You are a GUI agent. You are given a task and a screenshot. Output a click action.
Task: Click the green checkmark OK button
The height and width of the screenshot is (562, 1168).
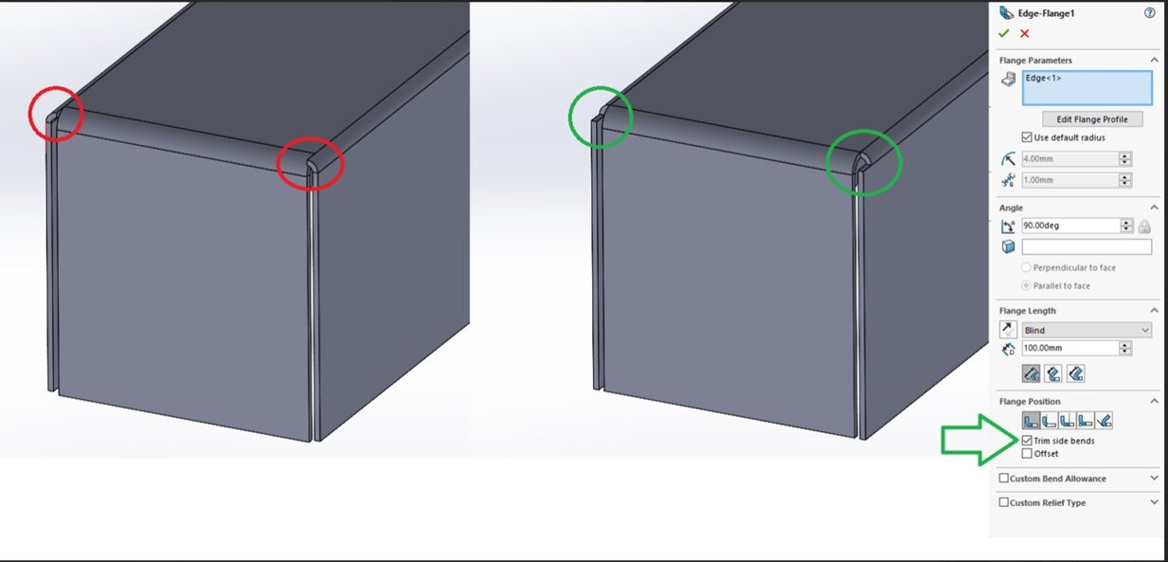click(x=1003, y=33)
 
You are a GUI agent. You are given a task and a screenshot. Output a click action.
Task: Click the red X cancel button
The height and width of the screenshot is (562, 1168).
click(x=1025, y=33)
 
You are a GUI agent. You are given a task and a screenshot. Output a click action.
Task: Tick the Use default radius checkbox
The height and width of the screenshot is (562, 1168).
click(x=1027, y=137)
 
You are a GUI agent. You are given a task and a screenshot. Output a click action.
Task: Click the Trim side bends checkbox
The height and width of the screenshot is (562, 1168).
click(x=1027, y=441)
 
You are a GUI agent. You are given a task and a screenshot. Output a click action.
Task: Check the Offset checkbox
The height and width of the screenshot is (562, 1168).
click(x=1027, y=453)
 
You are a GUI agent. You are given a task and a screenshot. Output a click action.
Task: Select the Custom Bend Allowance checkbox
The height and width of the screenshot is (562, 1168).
click(x=1004, y=478)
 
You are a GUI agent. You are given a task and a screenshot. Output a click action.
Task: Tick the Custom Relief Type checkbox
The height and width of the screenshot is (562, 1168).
click(x=1004, y=502)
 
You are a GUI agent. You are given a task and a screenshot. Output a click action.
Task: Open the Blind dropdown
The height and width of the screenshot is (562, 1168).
click(x=1087, y=331)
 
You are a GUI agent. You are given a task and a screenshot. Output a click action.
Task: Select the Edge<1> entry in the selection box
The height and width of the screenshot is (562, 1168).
click(x=1043, y=79)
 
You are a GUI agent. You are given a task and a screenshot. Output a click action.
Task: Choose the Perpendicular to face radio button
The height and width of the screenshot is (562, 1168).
click(x=1026, y=267)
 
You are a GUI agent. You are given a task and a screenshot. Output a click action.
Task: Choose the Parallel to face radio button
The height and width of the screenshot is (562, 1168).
click(x=1026, y=285)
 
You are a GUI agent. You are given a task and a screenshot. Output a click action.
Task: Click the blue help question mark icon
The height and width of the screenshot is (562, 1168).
click(x=1150, y=13)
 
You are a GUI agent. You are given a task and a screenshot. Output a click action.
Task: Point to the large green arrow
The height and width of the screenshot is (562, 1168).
click(x=979, y=440)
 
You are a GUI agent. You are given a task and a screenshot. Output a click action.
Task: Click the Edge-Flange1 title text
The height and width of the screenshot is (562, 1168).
click(x=1046, y=13)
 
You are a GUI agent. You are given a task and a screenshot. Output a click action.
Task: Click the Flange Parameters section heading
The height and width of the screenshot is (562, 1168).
click(x=1035, y=61)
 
